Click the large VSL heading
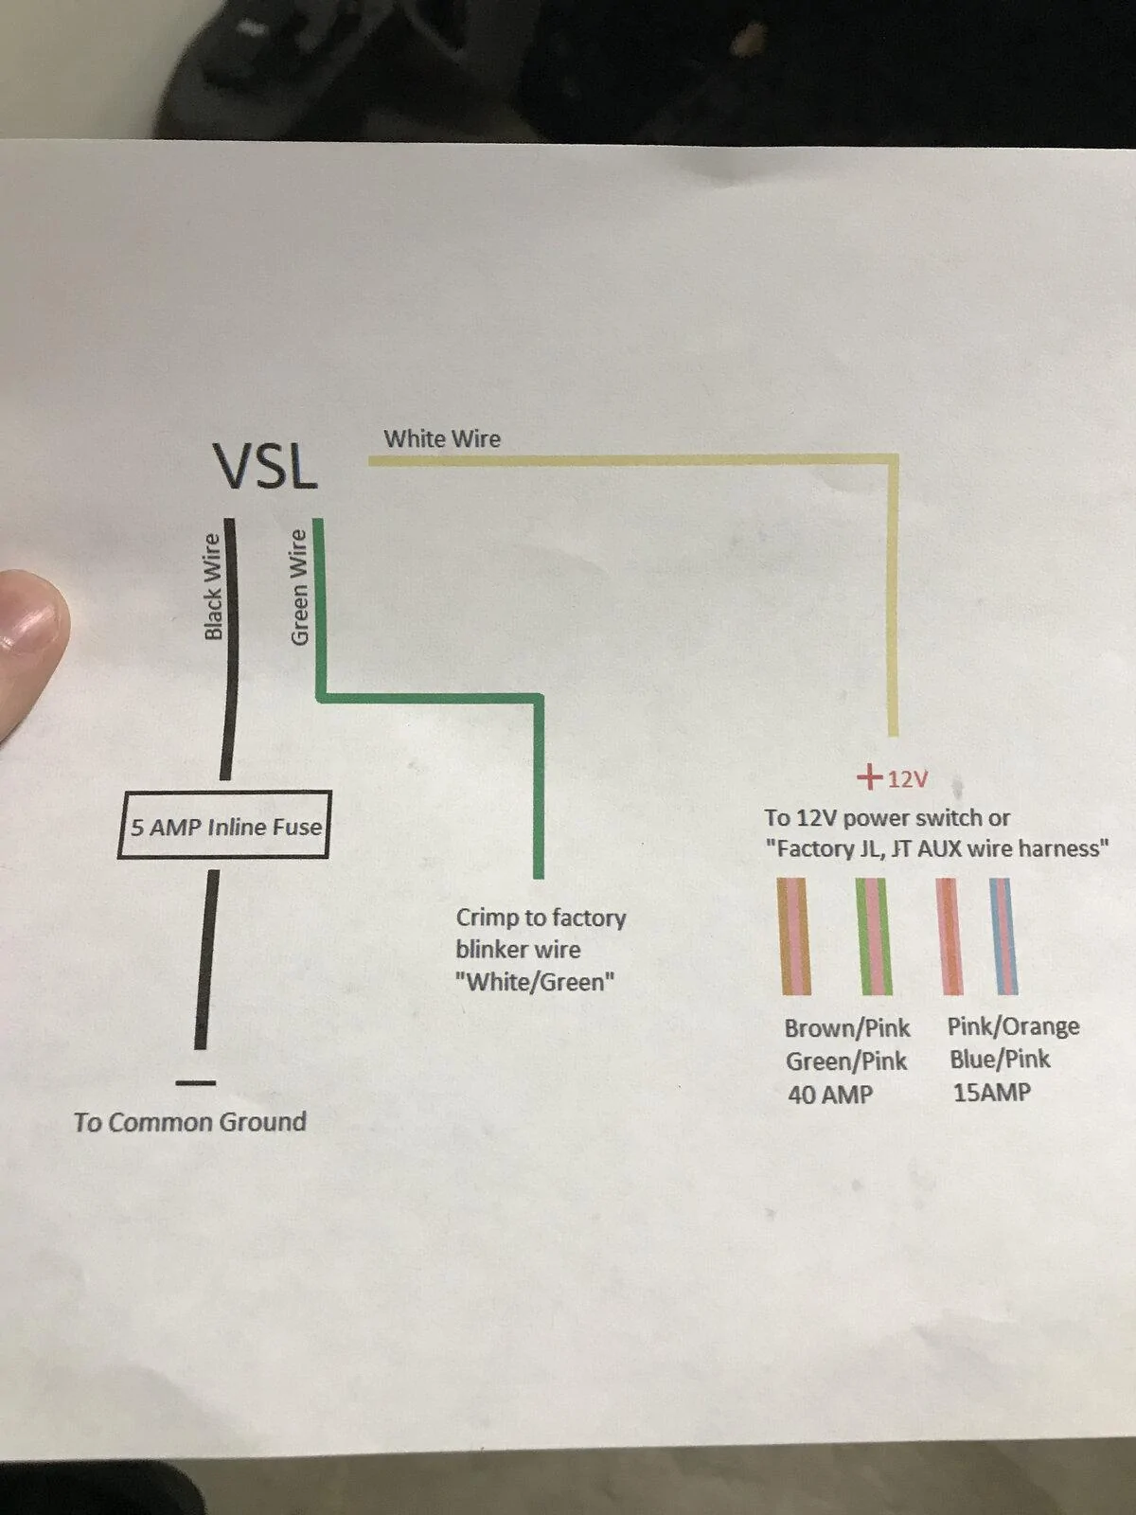[x=266, y=467]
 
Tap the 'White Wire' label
[x=442, y=439]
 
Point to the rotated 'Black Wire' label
[x=213, y=587]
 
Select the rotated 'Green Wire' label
[x=298, y=587]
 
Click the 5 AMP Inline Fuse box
[x=224, y=825]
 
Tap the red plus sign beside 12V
[x=870, y=777]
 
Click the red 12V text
[x=907, y=780]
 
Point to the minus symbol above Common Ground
[x=195, y=1082]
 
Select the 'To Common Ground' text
[x=190, y=1122]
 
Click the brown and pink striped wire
[x=794, y=936]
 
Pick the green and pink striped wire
[x=874, y=936]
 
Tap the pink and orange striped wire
[x=950, y=936]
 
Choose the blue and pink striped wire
[x=1003, y=936]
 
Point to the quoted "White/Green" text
[x=535, y=982]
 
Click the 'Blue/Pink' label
[x=1000, y=1060]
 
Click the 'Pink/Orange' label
[x=1013, y=1027]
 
